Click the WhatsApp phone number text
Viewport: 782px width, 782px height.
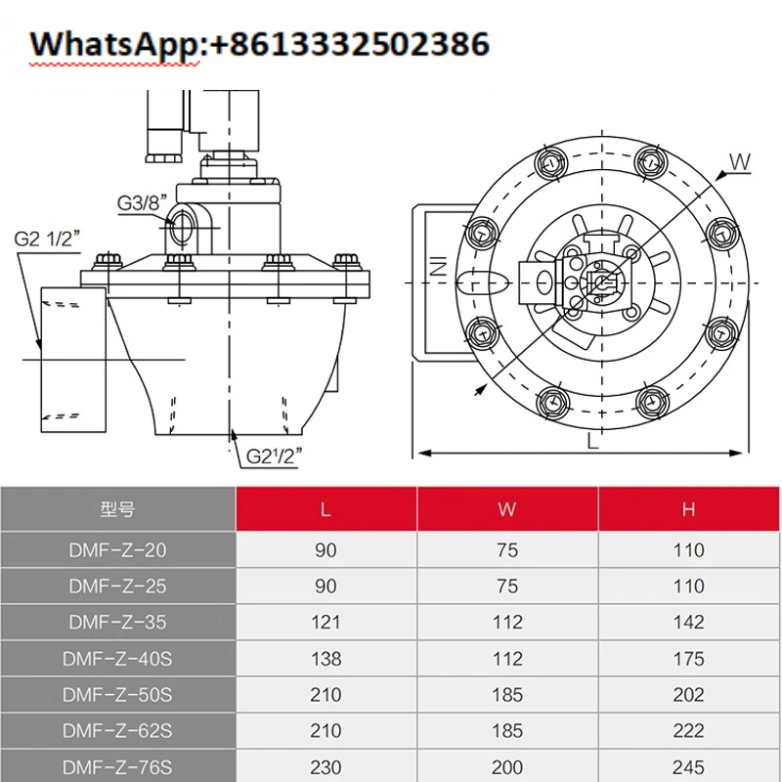[259, 44]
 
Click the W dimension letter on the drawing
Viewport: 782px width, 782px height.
[740, 161]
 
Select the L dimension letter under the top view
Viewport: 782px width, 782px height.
[592, 441]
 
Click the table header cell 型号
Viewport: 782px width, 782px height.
[117, 509]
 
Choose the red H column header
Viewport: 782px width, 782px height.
[688, 509]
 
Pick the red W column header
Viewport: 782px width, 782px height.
[507, 509]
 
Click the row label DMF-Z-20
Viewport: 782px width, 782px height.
[117, 550]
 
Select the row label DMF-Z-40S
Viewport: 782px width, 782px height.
[117, 659]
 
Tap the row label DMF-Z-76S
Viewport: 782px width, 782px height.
[117, 767]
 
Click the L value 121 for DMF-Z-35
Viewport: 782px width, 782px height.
[326, 623]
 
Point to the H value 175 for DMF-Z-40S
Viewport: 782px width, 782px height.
[688, 659]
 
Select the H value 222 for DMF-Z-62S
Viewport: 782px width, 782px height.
[688, 731]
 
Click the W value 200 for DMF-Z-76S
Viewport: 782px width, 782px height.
[507, 767]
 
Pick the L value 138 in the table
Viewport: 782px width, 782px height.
[326, 659]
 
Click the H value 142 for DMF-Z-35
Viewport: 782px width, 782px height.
[688, 623]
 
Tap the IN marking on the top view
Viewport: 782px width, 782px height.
[439, 265]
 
